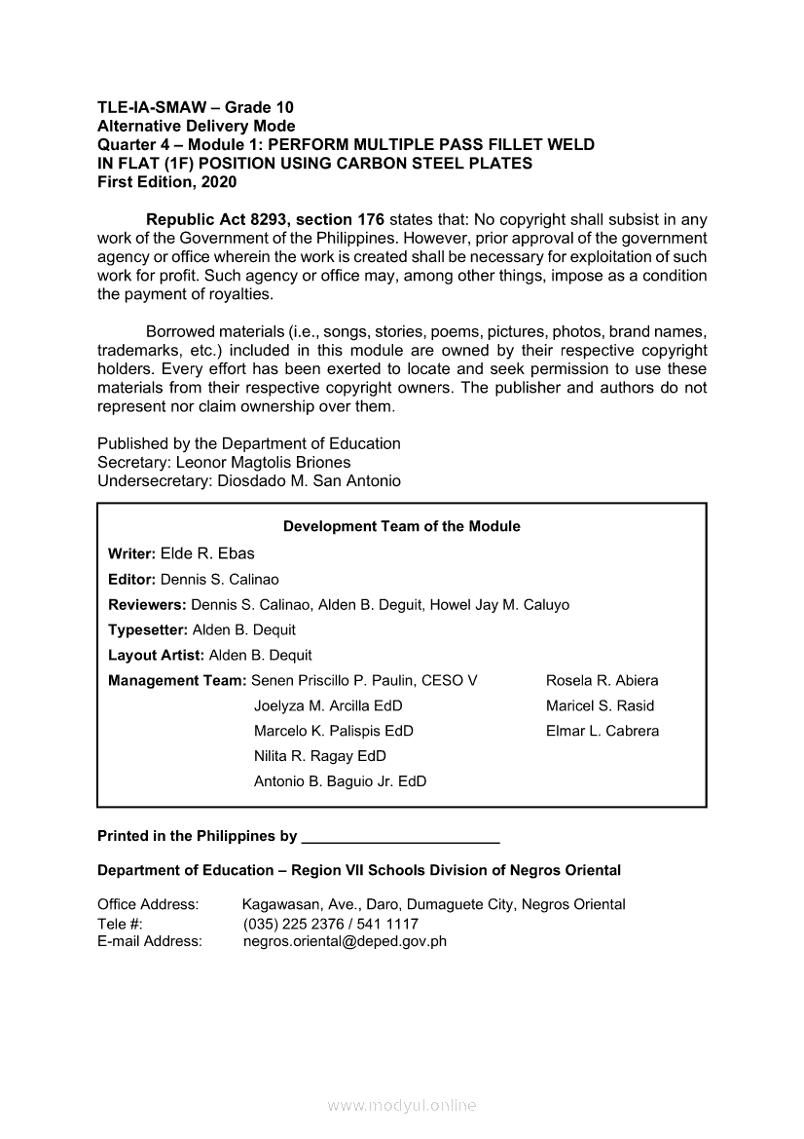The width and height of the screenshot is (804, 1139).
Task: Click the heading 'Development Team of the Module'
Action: click(x=401, y=526)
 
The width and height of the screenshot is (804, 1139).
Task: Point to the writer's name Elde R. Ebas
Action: click(x=207, y=553)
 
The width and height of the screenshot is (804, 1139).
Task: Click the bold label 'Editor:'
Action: click(x=131, y=580)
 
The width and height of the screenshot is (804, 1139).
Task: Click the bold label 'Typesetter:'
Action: click(x=148, y=630)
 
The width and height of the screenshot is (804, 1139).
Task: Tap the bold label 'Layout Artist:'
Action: click(x=157, y=656)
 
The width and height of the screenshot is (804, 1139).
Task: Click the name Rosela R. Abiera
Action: click(x=602, y=681)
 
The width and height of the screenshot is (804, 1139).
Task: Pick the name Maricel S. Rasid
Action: click(x=600, y=706)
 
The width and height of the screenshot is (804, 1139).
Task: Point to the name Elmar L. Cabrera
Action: click(x=602, y=732)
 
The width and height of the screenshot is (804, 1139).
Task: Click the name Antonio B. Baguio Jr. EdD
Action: click(x=340, y=781)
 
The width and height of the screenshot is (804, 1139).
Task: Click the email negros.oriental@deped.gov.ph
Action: click(x=345, y=941)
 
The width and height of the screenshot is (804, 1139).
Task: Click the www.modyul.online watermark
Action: click(x=402, y=1106)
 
